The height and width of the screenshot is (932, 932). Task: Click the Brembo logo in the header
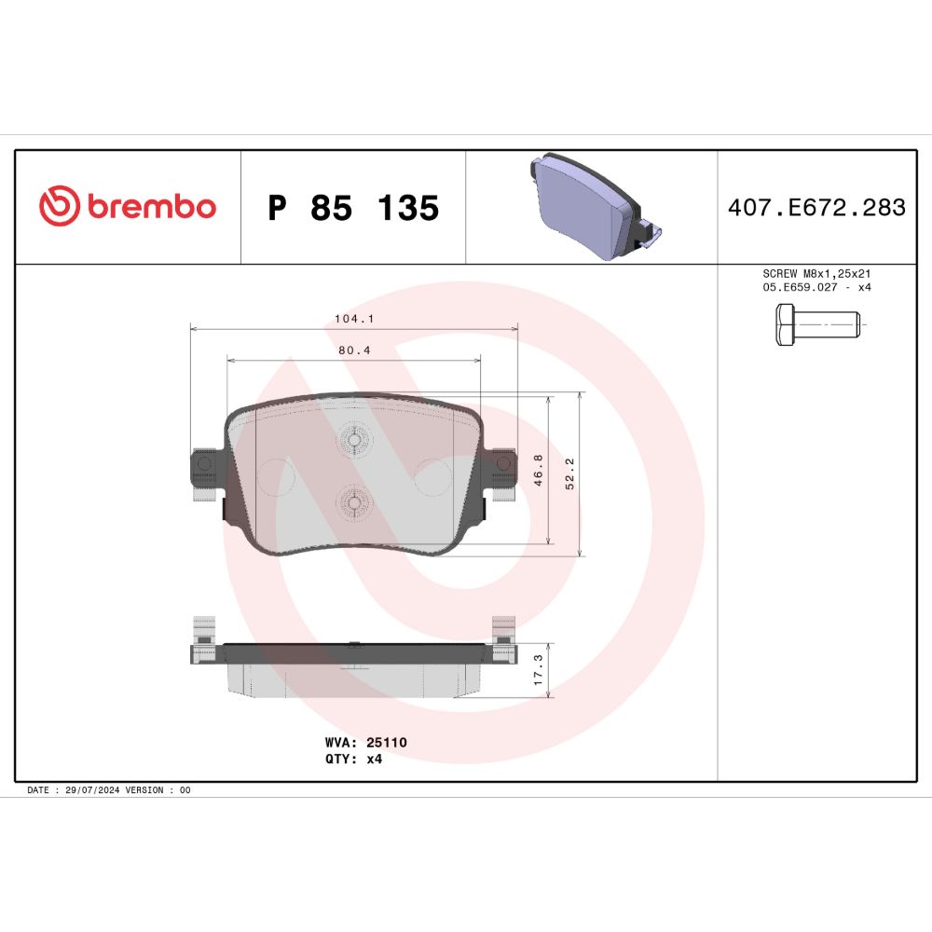click(x=127, y=206)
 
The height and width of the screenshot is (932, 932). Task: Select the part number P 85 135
click(x=353, y=208)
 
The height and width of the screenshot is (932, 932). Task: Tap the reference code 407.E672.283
click(x=816, y=208)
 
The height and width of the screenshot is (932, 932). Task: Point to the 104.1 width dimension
click(x=354, y=319)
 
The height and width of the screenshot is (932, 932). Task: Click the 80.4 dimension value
click(x=354, y=350)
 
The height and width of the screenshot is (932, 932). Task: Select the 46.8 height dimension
click(x=538, y=470)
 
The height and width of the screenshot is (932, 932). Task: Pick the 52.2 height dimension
click(x=569, y=473)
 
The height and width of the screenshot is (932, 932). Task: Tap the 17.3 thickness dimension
click(x=538, y=670)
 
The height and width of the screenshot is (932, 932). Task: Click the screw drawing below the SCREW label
click(x=818, y=324)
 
